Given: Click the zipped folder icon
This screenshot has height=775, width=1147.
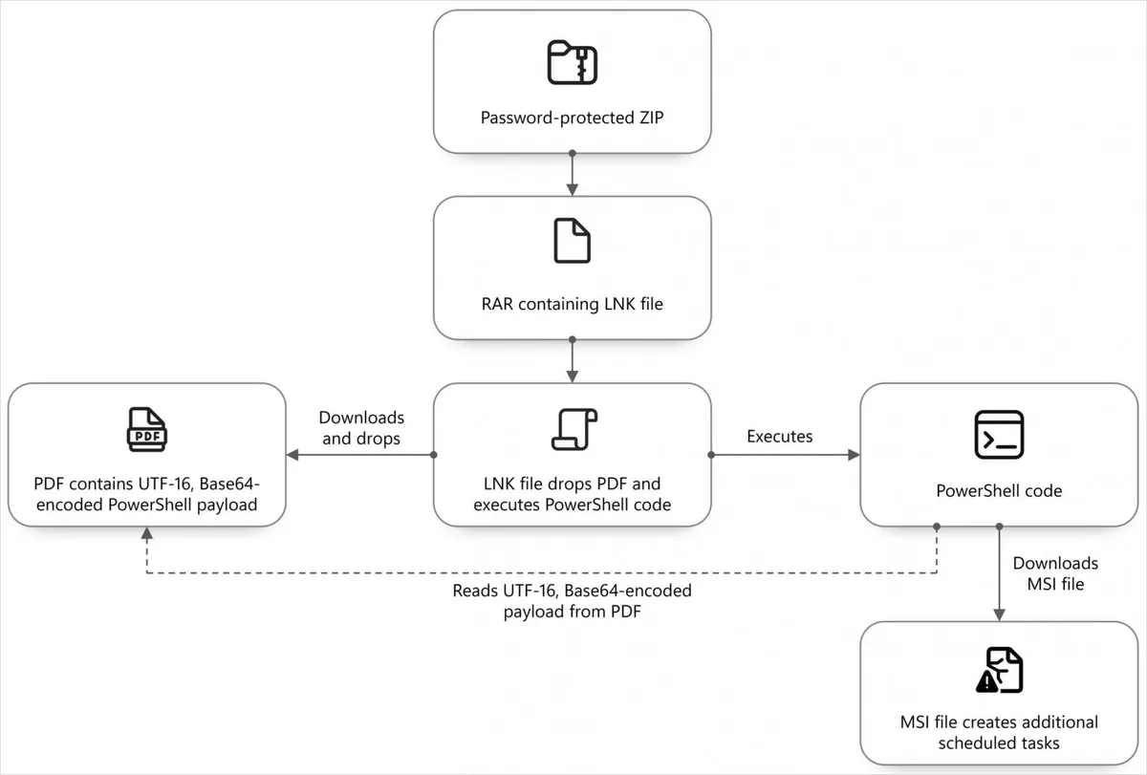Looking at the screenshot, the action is pyautogui.click(x=572, y=62).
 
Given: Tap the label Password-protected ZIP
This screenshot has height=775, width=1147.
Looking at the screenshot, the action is pyautogui.click(x=572, y=118).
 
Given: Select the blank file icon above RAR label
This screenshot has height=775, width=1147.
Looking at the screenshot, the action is pyautogui.click(x=572, y=241).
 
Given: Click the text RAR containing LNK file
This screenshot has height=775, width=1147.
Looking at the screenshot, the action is pyautogui.click(x=572, y=304).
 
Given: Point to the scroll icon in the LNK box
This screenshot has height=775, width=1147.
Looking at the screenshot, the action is pyautogui.click(x=574, y=429).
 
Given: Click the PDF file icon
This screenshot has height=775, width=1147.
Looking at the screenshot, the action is pyautogui.click(x=147, y=429).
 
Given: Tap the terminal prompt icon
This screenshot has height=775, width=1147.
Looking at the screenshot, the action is pyautogui.click(x=999, y=434).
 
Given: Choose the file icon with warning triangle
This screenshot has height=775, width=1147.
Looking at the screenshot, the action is pyautogui.click(x=999, y=670).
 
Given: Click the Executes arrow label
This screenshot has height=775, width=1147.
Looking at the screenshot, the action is pyautogui.click(x=779, y=436).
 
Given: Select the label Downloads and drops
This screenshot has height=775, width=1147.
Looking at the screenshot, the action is pyautogui.click(x=361, y=428).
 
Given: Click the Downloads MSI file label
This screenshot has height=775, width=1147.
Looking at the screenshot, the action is pyautogui.click(x=1055, y=573).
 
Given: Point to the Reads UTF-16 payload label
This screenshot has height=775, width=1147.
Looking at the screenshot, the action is pyautogui.click(x=572, y=601).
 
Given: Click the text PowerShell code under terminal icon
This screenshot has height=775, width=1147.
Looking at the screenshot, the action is pyautogui.click(x=999, y=490).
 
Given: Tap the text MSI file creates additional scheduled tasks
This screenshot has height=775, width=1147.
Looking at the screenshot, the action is pyautogui.click(x=999, y=733).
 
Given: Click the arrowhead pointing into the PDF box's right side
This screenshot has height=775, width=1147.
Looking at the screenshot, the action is pyautogui.click(x=292, y=455).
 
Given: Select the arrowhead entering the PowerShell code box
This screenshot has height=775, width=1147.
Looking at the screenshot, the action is pyautogui.click(x=854, y=455).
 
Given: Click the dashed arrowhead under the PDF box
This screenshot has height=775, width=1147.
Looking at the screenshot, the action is pyautogui.click(x=147, y=533).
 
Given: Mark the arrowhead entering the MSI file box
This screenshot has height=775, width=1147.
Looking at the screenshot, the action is pyautogui.click(x=999, y=614).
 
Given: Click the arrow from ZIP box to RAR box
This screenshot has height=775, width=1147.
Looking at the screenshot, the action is pyautogui.click(x=573, y=175).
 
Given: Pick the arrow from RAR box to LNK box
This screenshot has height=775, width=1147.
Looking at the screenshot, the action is pyautogui.click(x=573, y=361).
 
